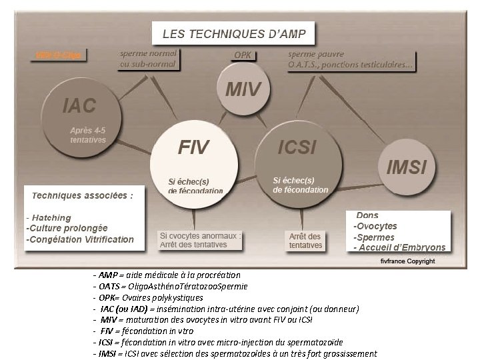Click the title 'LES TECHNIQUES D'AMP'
tap(233, 33)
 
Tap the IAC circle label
tap(79, 105)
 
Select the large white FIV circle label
tap(194, 147)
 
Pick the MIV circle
tap(244, 89)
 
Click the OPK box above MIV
tap(243, 55)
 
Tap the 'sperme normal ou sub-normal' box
tap(148, 59)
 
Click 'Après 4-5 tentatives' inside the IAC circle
tap(88, 135)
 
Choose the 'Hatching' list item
tap(50, 218)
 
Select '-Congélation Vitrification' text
tap(79, 239)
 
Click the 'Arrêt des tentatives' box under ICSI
tap(305, 241)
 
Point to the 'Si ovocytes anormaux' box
tap(200, 240)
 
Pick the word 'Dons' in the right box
tap(367, 215)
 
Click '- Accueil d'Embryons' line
tap(399, 247)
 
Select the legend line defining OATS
tap(171, 286)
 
